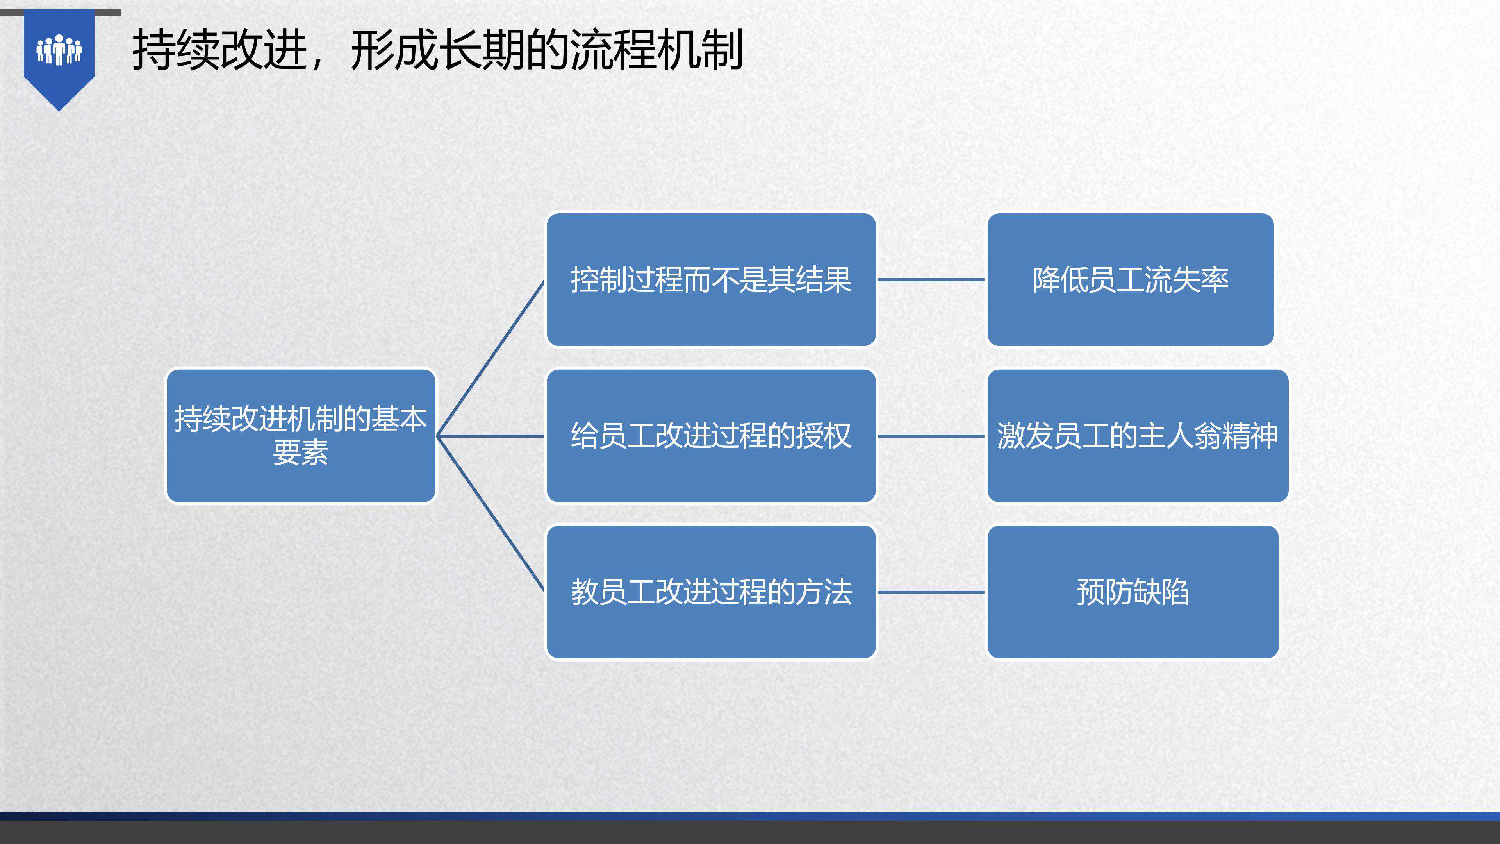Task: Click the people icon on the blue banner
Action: point(59,50)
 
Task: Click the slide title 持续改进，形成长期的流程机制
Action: point(438,51)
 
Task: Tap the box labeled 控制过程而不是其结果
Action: point(711,280)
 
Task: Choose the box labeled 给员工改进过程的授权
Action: point(711,436)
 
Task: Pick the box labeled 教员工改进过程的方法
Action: point(711,592)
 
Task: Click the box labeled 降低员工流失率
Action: point(1130,280)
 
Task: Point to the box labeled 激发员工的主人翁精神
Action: point(1138,436)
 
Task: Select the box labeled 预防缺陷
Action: point(1133,592)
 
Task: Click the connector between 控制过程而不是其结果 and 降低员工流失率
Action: point(931,280)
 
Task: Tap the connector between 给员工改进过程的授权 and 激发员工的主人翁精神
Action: point(931,436)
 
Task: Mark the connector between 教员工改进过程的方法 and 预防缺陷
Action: point(931,592)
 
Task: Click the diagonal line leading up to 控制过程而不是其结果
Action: point(490,358)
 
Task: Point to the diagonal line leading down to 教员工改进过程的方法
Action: point(490,514)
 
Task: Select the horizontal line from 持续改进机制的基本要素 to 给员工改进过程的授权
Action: point(490,436)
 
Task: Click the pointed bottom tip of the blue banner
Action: point(59,111)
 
